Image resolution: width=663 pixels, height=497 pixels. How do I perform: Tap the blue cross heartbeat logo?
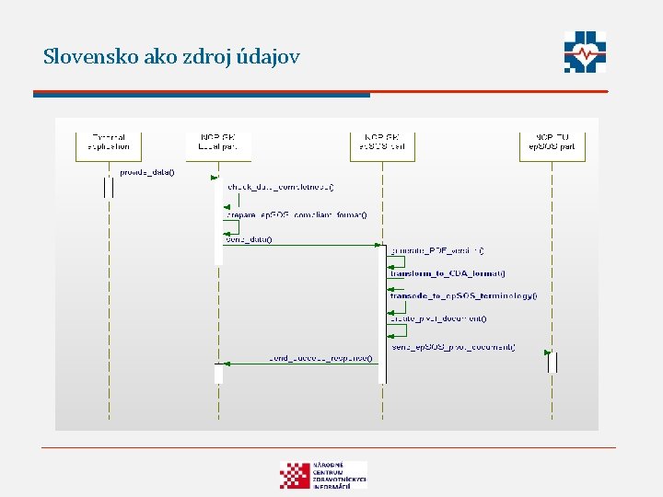[586, 52]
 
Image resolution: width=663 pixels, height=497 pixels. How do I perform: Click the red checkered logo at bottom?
[295, 474]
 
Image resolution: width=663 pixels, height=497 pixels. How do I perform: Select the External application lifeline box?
[109, 143]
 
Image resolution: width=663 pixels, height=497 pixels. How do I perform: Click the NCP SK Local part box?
[217, 143]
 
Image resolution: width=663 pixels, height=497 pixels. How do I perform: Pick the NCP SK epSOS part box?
[382, 143]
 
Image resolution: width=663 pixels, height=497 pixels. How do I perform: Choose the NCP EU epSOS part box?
[552, 143]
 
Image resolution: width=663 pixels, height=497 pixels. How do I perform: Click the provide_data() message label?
[146, 172]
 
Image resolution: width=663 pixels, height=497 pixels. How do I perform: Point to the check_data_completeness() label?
[280, 188]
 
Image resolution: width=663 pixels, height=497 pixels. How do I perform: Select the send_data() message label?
[249, 239]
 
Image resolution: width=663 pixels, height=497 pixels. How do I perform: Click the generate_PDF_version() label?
[437, 250]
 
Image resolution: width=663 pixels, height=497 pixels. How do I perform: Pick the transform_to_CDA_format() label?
[448, 273]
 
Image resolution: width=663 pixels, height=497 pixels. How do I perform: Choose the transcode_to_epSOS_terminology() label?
[463, 296]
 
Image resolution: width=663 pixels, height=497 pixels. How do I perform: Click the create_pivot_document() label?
[439, 318]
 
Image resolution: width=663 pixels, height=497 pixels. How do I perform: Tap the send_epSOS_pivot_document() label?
[454, 347]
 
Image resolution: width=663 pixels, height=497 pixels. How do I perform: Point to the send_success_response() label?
[321, 357]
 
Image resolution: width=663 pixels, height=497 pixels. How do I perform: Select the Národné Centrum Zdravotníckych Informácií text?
[339, 474]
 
